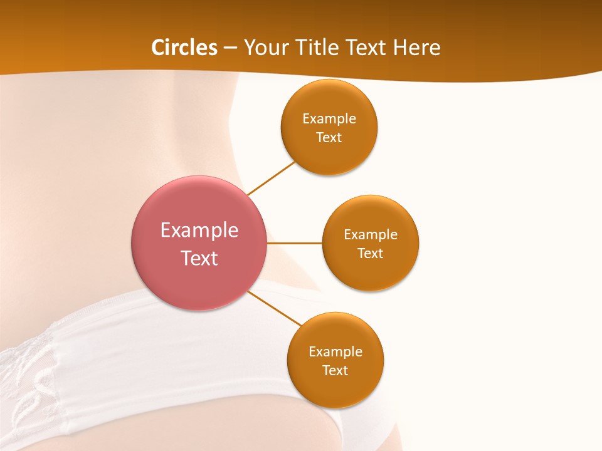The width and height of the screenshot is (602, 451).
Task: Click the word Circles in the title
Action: coord(184,48)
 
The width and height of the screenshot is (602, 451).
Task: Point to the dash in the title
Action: coord(231,48)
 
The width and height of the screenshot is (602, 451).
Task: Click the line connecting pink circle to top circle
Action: coord(271,178)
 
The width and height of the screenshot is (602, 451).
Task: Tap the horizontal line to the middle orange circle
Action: coord(294,242)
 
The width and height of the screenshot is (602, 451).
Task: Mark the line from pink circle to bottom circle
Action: coord(275,308)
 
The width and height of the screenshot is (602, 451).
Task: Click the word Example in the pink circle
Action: coord(199,231)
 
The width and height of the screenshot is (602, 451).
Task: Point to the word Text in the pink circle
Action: coord(199,258)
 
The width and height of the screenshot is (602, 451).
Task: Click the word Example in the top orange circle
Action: coord(329,119)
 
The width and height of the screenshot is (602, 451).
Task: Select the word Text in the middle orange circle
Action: coord(371,254)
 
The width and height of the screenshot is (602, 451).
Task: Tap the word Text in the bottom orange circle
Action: coord(335,371)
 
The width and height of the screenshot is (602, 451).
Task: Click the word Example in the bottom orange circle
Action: coord(335,352)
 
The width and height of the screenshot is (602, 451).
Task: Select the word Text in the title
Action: coord(368,48)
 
